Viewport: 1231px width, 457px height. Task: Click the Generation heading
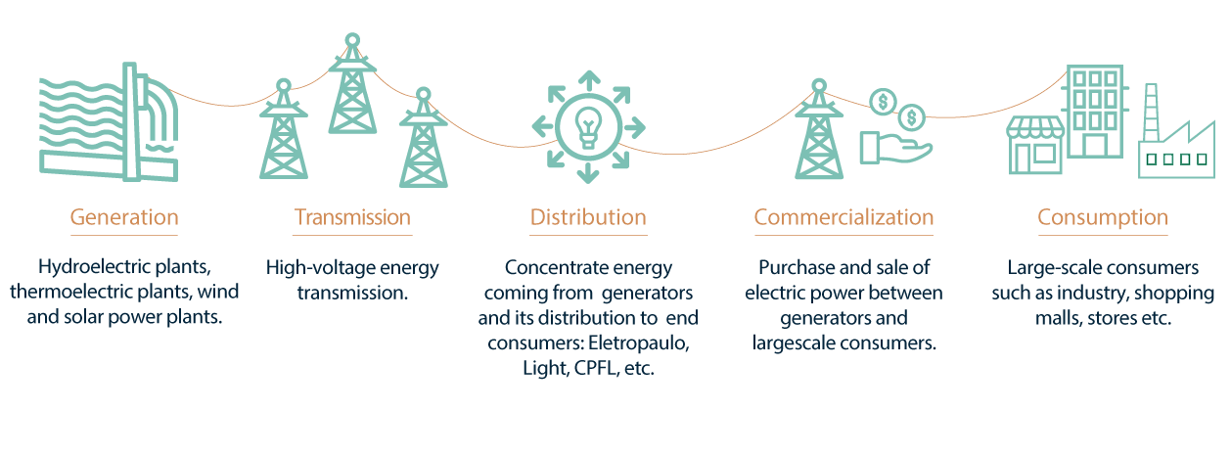(123, 216)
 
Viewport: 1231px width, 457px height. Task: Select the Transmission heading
(352, 216)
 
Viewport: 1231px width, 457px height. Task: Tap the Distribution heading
(588, 216)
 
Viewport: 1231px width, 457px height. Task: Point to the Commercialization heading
(843, 216)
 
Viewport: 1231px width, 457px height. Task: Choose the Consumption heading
(1103, 216)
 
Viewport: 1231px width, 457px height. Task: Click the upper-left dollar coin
(883, 101)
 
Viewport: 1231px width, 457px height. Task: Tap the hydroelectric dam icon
(108, 122)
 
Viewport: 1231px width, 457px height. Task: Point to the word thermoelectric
(68, 293)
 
